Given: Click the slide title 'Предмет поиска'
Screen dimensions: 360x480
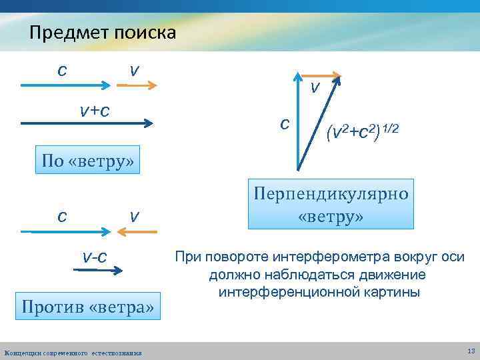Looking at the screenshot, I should [x=102, y=32].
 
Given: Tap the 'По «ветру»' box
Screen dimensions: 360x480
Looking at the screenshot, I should [x=88, y=161].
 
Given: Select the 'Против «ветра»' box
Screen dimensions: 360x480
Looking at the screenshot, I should [x=88, y=307].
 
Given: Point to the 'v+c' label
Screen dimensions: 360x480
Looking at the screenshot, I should [x=94, y=110].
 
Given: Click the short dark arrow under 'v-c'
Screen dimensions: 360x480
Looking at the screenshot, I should [x=97, y=271].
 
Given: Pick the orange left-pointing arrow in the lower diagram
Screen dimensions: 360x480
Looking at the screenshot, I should [x=137, y=231].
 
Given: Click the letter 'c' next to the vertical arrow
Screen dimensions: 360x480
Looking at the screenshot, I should [x=285, y=123].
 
